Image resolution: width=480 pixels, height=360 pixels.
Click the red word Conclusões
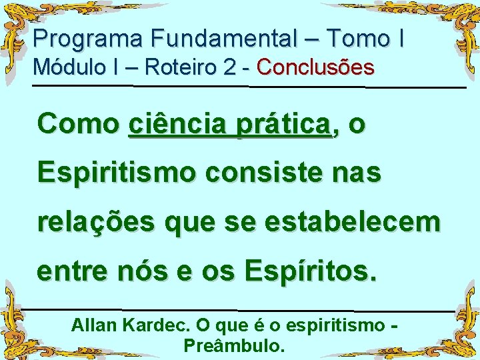pyautogui.click(x=315, y=67)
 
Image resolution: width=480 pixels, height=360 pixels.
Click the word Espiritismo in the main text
pyautogui.click(x=117, y=173)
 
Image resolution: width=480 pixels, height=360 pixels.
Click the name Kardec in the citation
pyautogui.click(x=157, y=327)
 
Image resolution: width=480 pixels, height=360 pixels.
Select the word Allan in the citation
pyautogui.click(x=95, y=327)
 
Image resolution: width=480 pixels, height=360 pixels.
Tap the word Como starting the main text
pyautogui.click(x=78, y=124)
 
